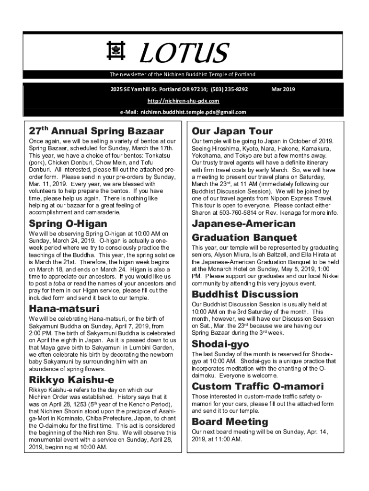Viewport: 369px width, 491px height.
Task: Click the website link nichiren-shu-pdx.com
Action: pos(184,101)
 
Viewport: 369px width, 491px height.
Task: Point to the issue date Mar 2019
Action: pos(283,89)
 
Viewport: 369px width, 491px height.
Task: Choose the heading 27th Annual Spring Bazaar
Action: pos(96,131)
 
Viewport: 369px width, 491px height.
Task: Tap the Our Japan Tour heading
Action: pos(232,131)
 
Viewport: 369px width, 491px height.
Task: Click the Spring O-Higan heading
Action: pos(68,224)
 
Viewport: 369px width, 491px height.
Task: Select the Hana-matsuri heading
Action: pos(64,308)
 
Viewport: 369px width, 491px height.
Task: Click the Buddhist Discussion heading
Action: pos(244,294)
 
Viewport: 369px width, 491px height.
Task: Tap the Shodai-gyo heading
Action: pos(220,344)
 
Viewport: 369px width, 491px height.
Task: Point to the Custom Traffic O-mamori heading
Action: pos(257,386)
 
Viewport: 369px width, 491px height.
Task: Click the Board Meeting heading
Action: pos(230,422)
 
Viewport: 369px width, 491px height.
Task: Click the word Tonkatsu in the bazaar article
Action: pos(161,156)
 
